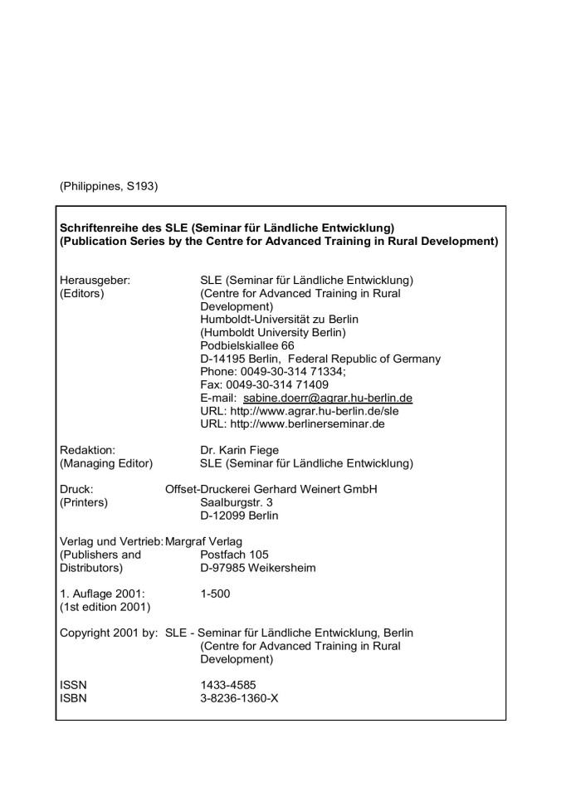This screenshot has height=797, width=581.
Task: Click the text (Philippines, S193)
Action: click(x=108, y=186)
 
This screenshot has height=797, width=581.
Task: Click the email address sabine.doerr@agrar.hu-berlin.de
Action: click(x=328, y=398)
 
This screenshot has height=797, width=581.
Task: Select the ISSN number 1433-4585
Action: click(x=229, y=684)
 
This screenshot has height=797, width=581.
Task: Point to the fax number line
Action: click(x=264, y=384)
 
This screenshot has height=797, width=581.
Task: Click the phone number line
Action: click(x=276, y=372)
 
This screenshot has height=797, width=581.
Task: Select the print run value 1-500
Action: click(x=215, y=594)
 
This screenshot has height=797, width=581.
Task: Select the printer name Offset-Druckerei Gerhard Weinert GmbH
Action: click(x=271, y=488)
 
